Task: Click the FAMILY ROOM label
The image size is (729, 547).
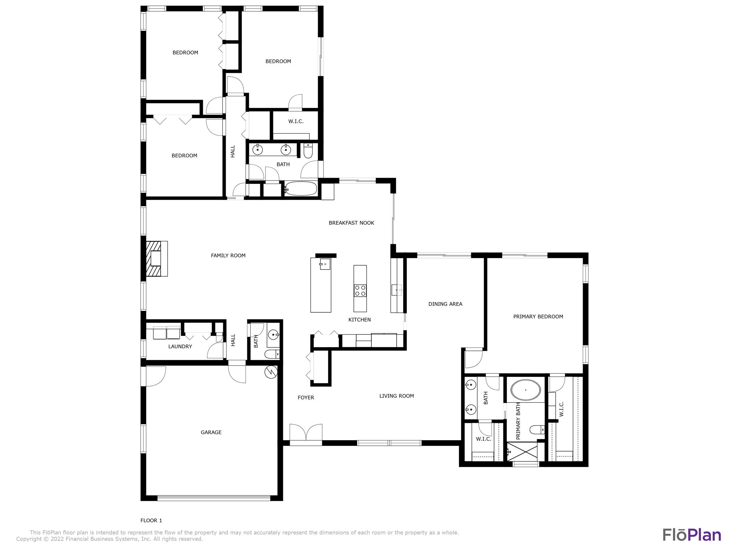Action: pyautogui.click(x=228, y=255)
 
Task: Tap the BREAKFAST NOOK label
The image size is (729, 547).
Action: pyautogui.click(x=351, y=223)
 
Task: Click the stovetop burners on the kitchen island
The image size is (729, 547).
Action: pyautogui.click(x=360, y=291)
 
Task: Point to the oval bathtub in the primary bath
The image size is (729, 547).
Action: pyautogui.click(x=525, y=390)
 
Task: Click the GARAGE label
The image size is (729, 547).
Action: pyautogui.click(x=211, y=432)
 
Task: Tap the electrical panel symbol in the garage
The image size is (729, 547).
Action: pyautogui.click(x=271, y=372)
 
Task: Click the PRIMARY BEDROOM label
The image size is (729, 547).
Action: pyautogui.click(x=538, y=317)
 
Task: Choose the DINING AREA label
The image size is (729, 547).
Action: pyautogui.click(x=445, y=304)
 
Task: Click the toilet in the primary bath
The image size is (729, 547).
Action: pyautogui.click(x=537, y=430)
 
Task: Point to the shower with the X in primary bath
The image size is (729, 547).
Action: pyautogui.click(x=522, y=452)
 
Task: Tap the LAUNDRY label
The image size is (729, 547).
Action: pyautogui.click(x=180, y=347)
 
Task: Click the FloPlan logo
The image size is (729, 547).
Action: pyautogui.click(x=692, y=535)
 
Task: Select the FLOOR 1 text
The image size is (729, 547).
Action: pyautogui.click(x=151, y=520)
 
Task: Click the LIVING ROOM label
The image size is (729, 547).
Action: pyautogui.click(x=397, y=396)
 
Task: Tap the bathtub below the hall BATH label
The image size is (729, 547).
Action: pyautogui.click(x=301, y=189)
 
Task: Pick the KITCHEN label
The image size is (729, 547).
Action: pyautogui.click(x=360, y=320)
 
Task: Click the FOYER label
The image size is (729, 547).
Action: pyautogui.click(x=306, y=398)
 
